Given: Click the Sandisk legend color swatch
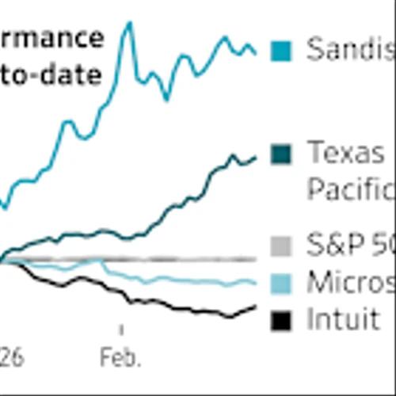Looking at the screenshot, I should (x=280, y=51).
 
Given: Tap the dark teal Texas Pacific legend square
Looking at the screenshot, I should (x=280, y=152).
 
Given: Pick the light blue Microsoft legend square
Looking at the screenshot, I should (x=280, y=283).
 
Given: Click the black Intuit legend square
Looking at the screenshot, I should (x=280, y=321).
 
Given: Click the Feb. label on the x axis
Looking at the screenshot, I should (x=121, y=359).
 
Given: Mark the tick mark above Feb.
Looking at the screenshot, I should (x=121, y=329).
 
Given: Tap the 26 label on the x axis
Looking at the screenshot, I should (x=10, y=359).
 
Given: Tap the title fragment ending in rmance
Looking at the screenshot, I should (x=51, y=38).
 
